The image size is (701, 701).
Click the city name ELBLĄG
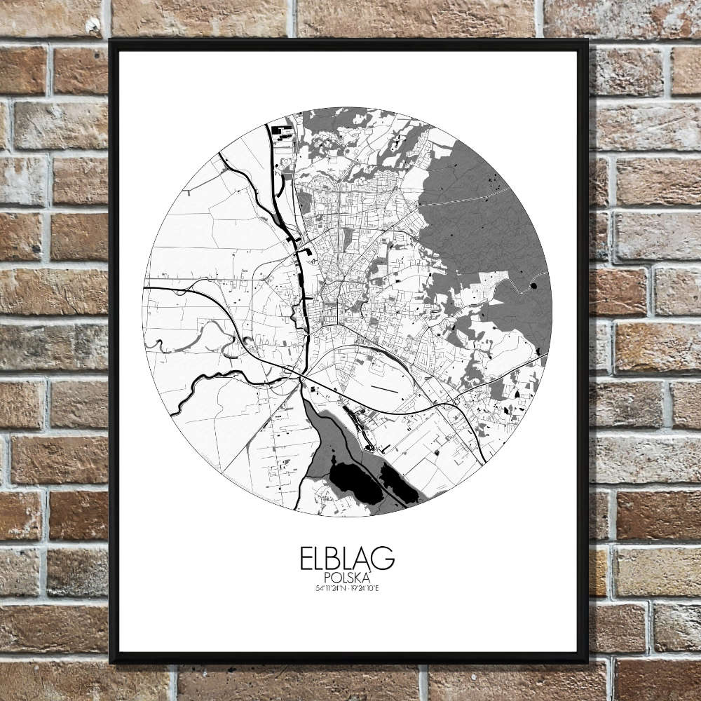tap(347, 559)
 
